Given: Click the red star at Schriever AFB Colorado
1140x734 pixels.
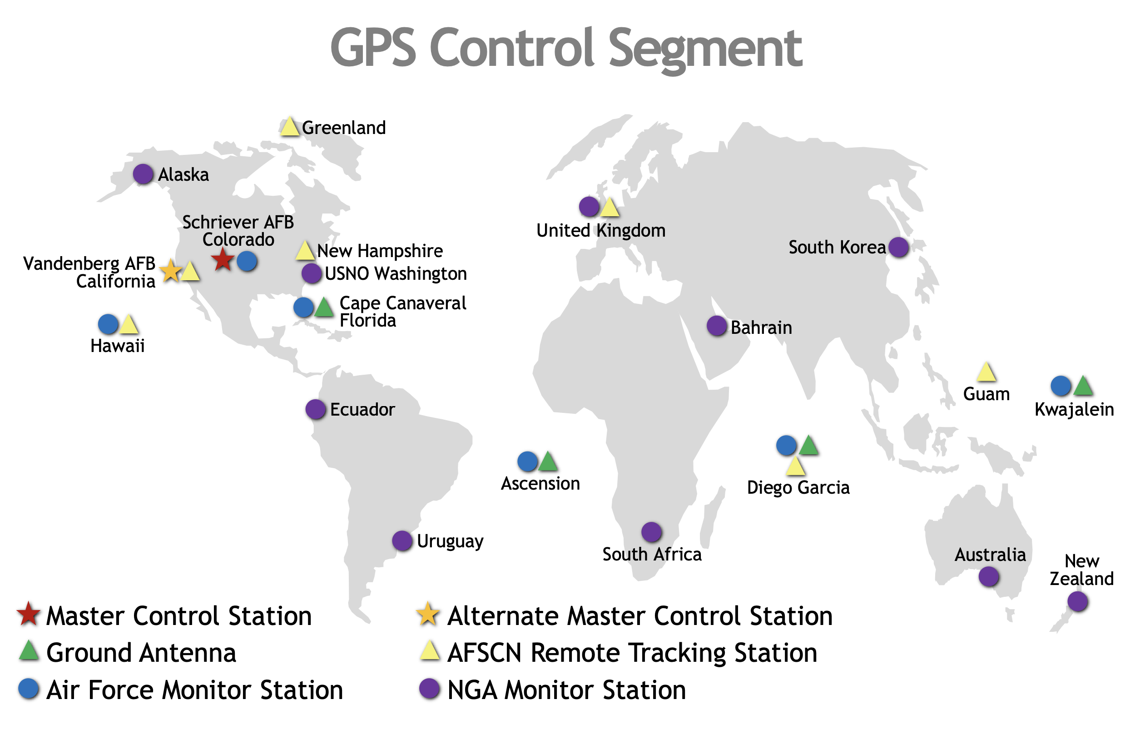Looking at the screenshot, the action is (x=222, y=260).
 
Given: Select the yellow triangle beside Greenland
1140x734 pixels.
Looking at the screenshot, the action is (x=289, y=126).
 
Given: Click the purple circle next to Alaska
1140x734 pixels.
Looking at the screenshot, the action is (x=143, y=174).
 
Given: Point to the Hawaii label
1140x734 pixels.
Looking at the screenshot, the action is (x=117, y=346).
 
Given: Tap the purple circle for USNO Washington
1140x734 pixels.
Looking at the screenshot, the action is (x=312, y=273).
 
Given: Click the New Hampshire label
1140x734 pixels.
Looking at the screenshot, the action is (x=380, y=251).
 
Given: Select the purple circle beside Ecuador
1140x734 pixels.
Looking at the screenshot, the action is (x=316, y=409).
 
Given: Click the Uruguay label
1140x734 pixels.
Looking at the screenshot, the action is (x=450, y=541).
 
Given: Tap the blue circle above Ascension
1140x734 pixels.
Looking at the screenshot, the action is (x=528, y=461).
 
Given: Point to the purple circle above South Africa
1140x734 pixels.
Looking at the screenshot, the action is (x=651, y=532).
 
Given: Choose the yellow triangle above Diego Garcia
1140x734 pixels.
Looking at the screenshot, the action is (x=795, y=466).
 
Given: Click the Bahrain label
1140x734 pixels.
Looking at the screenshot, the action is (x=761, y=327).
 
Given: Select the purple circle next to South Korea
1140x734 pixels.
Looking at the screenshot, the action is (x=899, y=247).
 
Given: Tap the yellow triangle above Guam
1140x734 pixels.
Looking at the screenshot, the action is (x=986, y=371).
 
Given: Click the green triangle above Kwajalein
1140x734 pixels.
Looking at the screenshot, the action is (x=1083, y=386).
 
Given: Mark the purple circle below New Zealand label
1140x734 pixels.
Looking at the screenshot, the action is (x=1078, y=601).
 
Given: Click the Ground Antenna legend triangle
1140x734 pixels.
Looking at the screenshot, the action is (x=29, y=650).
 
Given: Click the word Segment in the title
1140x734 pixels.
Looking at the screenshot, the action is (x=706, y=49).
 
